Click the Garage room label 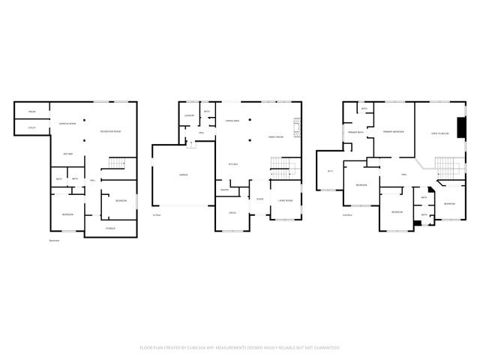click(x=183, y=175)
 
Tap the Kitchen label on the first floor click(x=233, y=164)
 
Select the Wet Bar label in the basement click(x=67, y=154)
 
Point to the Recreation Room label click(x=112, y=132)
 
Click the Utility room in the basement click(x=32, y=128)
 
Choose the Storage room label click(x=110, y=228)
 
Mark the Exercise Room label click(x=67, y=123)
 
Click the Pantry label click(x=224, y=190)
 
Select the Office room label click(x=232, y=212)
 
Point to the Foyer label click(x=259, y=199)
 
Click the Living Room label click(x=285, y=200)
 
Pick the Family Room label click(x=276, y=137)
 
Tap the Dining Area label click(x=232, y=121)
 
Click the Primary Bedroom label click(x=394, y=132)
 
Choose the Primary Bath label click(x=355, y=133)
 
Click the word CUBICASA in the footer click(x=222, y=348)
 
